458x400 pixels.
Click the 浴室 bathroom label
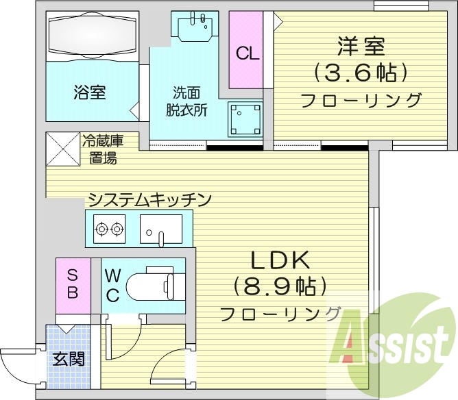pyautogui.click(x=89, y=92)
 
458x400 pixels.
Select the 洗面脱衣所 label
pyautogui.click(x=186, y=100)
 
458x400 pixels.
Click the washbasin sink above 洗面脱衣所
pyautogui.click(x=194, y=27)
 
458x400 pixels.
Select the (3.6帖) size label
pyautogui.click(x=360, y=72)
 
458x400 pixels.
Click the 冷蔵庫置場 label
pyautogui.click(x=102, y=149)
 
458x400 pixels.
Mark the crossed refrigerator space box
pyautogui.click(x=62, y=149)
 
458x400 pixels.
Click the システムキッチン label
pyautogui.click(x=149, y=199)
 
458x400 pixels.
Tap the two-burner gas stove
pyautogui.click(x=109, y=229)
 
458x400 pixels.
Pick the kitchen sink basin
pyautogui.click(x=161, y=227)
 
